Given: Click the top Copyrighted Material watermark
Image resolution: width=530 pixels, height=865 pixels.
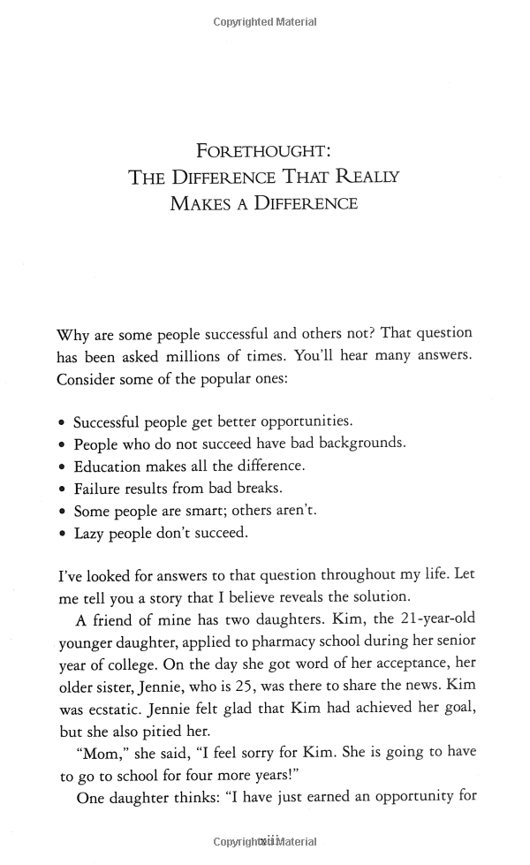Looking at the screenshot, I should tap(264, 22).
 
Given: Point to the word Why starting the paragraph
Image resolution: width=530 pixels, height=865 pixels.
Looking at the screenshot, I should tap(72, 335).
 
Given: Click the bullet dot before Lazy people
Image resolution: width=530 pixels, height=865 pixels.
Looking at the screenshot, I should tap(61, 534).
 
